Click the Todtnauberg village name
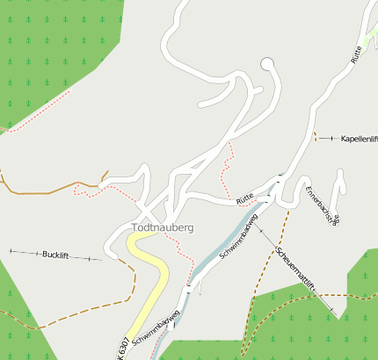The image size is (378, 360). click(x=163, y=227)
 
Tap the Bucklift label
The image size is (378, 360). click(x=55, y=255)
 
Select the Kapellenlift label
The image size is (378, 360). click(x=359, y=139)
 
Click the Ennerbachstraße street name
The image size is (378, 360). click(x=321, y=205)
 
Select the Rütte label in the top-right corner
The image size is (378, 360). click(x=355, y=54)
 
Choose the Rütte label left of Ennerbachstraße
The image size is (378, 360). click(x=245, y=201)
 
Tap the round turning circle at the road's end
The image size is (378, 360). click(x=268, y=63)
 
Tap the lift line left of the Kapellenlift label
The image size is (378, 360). click(x=327, y=139)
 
